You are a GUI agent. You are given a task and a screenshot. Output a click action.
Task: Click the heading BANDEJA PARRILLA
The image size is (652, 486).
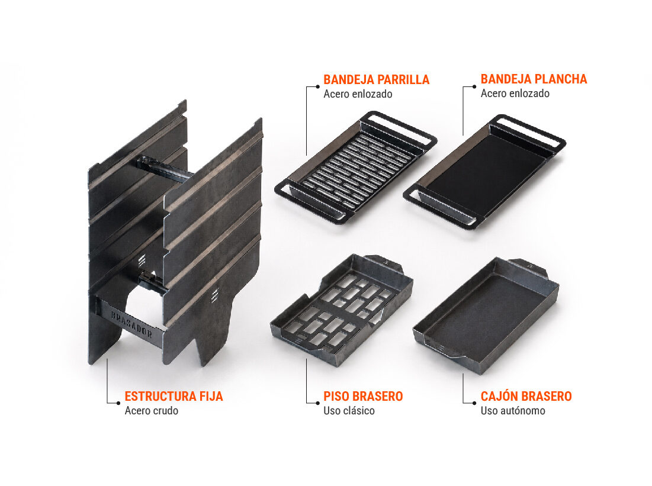[x=376, y=79]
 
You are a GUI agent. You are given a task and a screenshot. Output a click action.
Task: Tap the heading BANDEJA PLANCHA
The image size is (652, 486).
[x=534, y=79]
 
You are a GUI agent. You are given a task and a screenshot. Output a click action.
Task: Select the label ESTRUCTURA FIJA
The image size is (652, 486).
[x=174, y=396]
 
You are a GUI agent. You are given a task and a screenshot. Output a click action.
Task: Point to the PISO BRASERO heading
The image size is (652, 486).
[x=363, y=396]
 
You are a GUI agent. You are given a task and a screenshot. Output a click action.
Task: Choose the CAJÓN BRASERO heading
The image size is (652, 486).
[x=526, y=396]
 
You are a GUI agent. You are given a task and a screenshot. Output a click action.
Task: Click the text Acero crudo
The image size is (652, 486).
[x=152, y=411]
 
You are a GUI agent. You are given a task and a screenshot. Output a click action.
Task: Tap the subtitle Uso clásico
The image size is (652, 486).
[x=349, y=411]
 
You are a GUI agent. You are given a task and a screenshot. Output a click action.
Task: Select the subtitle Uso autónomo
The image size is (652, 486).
[x=513, y=411]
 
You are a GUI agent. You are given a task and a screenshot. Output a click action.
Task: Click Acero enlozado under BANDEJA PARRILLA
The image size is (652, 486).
[x=358, y=94]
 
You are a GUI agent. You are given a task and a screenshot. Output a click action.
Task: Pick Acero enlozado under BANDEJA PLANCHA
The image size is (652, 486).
[x=515, y=94]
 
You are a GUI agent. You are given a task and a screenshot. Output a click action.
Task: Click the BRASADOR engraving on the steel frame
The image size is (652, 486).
[x=131, y=324]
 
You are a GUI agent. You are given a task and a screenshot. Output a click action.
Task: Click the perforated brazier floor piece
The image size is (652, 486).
[x=341, y=310]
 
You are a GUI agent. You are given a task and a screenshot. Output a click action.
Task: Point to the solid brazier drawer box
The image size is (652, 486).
[x=486, y=316]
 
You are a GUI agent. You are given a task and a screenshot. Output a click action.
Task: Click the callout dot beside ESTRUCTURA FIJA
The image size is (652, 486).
[x=118, y=403]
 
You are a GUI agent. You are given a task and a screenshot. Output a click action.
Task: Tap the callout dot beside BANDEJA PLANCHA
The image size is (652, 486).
[x=474, y=86]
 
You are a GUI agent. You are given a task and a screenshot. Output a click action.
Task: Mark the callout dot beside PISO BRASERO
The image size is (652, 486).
[x=317, y=403]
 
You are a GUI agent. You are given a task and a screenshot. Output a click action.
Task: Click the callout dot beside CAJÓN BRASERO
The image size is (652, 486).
[x=474, y=403]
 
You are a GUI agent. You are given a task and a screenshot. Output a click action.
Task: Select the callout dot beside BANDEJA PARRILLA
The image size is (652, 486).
[x=317, y=86]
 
